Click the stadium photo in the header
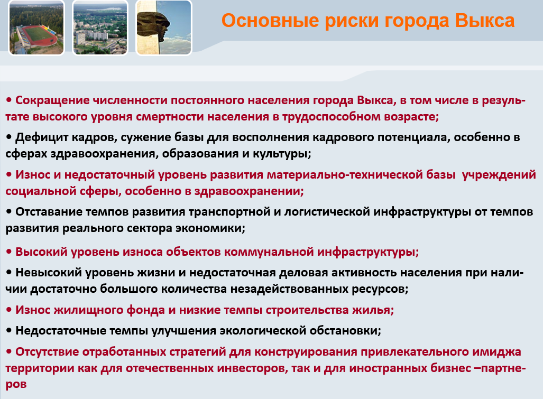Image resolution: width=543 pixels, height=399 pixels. coord(36,27)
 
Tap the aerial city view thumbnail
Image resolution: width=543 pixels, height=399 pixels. coord(100,27)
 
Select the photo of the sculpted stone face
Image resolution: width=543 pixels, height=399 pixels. coord(164,27)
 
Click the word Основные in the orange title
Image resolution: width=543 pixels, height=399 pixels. coord(270,21)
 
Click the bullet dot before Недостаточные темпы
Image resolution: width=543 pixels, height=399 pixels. coord(9,330)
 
